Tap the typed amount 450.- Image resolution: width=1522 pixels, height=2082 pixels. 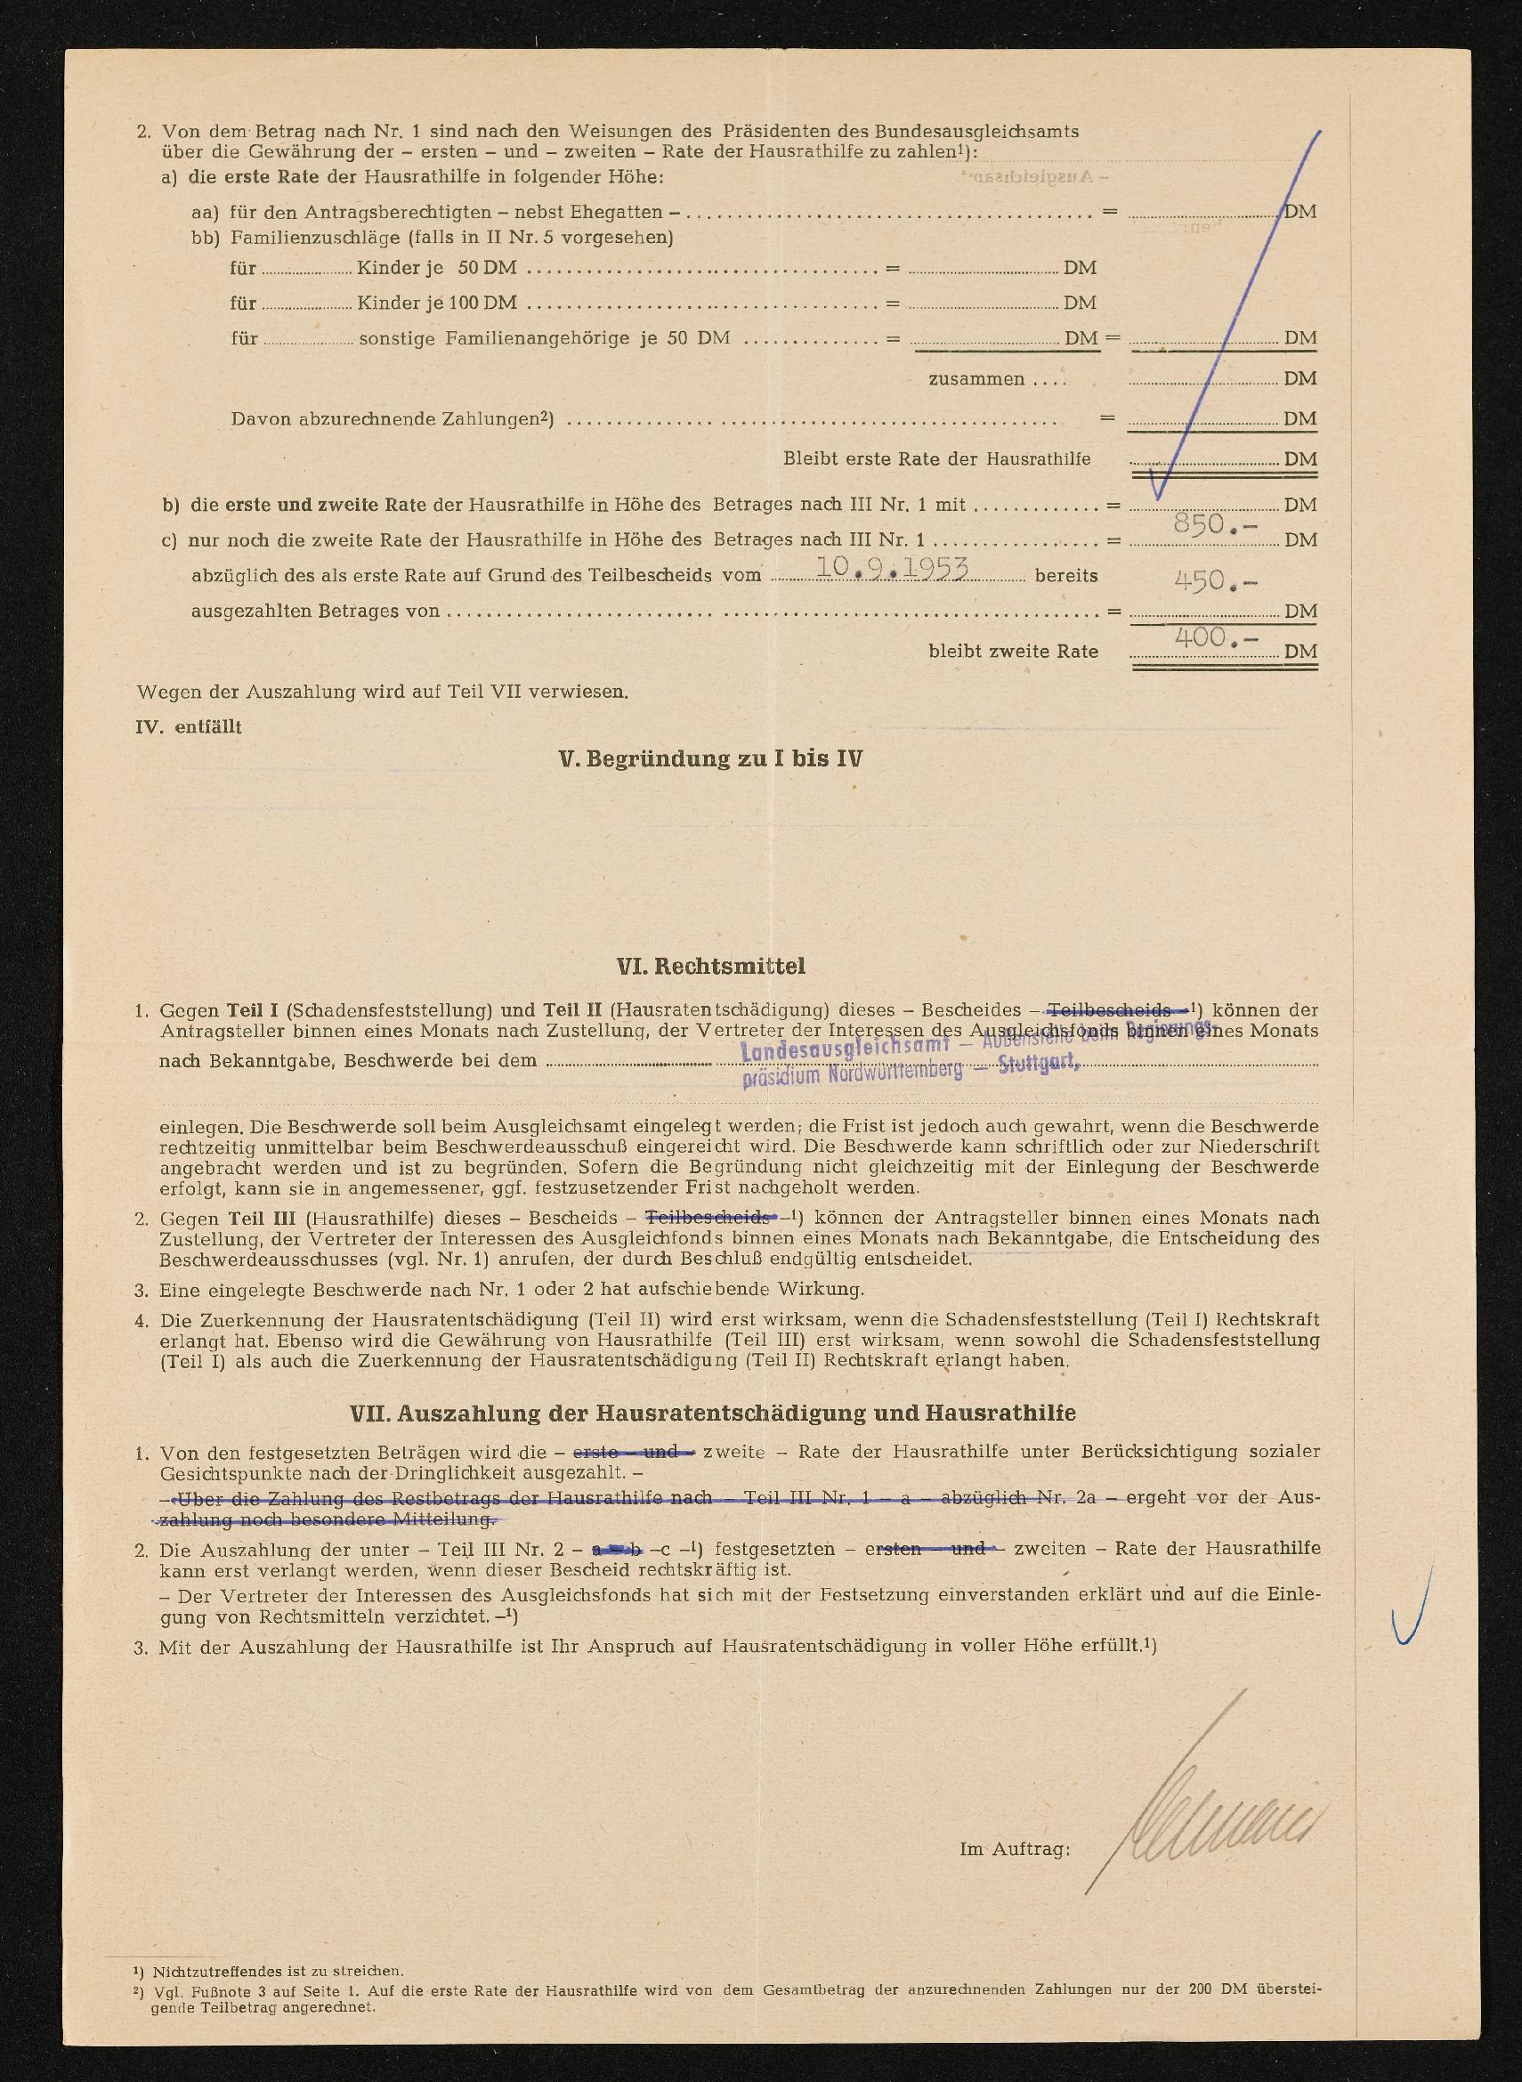[1214, 580]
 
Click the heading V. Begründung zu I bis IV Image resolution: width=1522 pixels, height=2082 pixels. [710, 759]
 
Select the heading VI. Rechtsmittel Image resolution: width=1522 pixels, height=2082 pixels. [710, 966]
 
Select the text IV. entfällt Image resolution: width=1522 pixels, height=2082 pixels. [189, 727]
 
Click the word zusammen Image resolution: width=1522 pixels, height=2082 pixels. [976, 378]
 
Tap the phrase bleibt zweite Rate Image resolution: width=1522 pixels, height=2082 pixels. [1013, 652]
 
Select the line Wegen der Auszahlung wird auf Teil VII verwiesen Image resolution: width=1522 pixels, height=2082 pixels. [383, 691]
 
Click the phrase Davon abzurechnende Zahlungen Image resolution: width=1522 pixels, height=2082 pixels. [392, 419]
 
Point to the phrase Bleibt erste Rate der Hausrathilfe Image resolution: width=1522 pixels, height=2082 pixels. [936, 458]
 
